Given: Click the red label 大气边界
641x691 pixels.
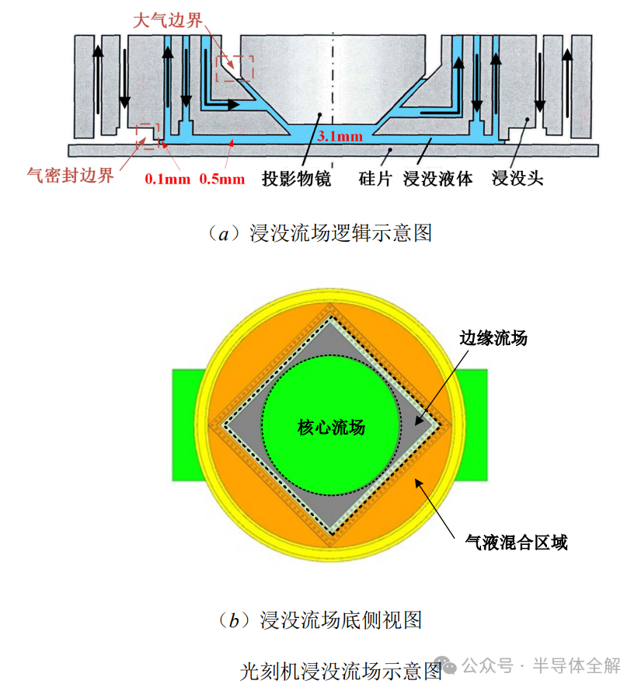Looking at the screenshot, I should coord(169,21).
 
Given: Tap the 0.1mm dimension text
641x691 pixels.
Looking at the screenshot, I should coord(167,179).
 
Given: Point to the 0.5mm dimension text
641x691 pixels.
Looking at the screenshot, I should coord(221,179).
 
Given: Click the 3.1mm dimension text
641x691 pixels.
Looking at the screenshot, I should coord(340,136).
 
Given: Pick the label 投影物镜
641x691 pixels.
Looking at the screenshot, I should coord(297,179).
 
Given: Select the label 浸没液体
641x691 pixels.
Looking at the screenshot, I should coord(438,179).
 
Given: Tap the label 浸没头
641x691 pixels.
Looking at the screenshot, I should coord(517,179).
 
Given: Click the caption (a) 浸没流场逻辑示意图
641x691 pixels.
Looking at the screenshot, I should coord(320,232).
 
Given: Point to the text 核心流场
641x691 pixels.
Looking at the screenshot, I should coord(331,428).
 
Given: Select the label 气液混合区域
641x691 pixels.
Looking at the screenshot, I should coord(516,542).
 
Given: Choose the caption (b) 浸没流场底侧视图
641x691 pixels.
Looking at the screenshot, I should coord(320,619).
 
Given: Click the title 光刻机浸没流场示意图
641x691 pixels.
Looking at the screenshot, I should coord(342,670).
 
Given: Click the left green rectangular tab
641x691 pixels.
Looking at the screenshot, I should coord(188,424).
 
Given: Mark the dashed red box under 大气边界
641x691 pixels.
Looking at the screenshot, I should coord(235,68).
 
